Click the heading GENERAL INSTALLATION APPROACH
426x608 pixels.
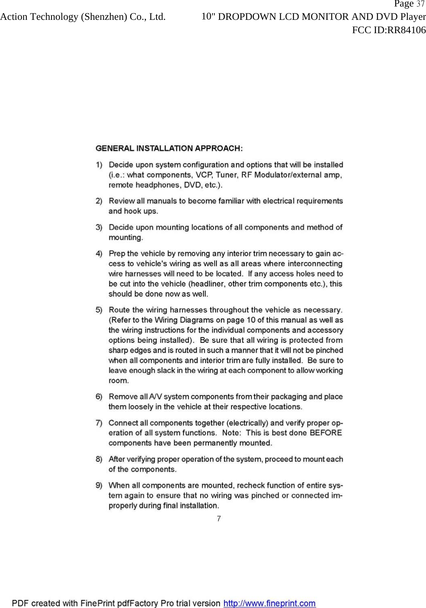169,148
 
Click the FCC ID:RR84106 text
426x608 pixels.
389,30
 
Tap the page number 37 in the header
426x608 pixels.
420,4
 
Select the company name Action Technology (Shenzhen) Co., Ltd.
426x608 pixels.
83,17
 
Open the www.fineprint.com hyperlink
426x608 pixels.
270,603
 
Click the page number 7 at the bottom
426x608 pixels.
219,519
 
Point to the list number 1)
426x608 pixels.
99,165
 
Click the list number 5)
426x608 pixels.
99,310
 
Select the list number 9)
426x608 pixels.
99,485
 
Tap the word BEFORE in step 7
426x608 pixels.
325,433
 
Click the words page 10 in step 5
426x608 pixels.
234,320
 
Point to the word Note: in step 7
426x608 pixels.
232,433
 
